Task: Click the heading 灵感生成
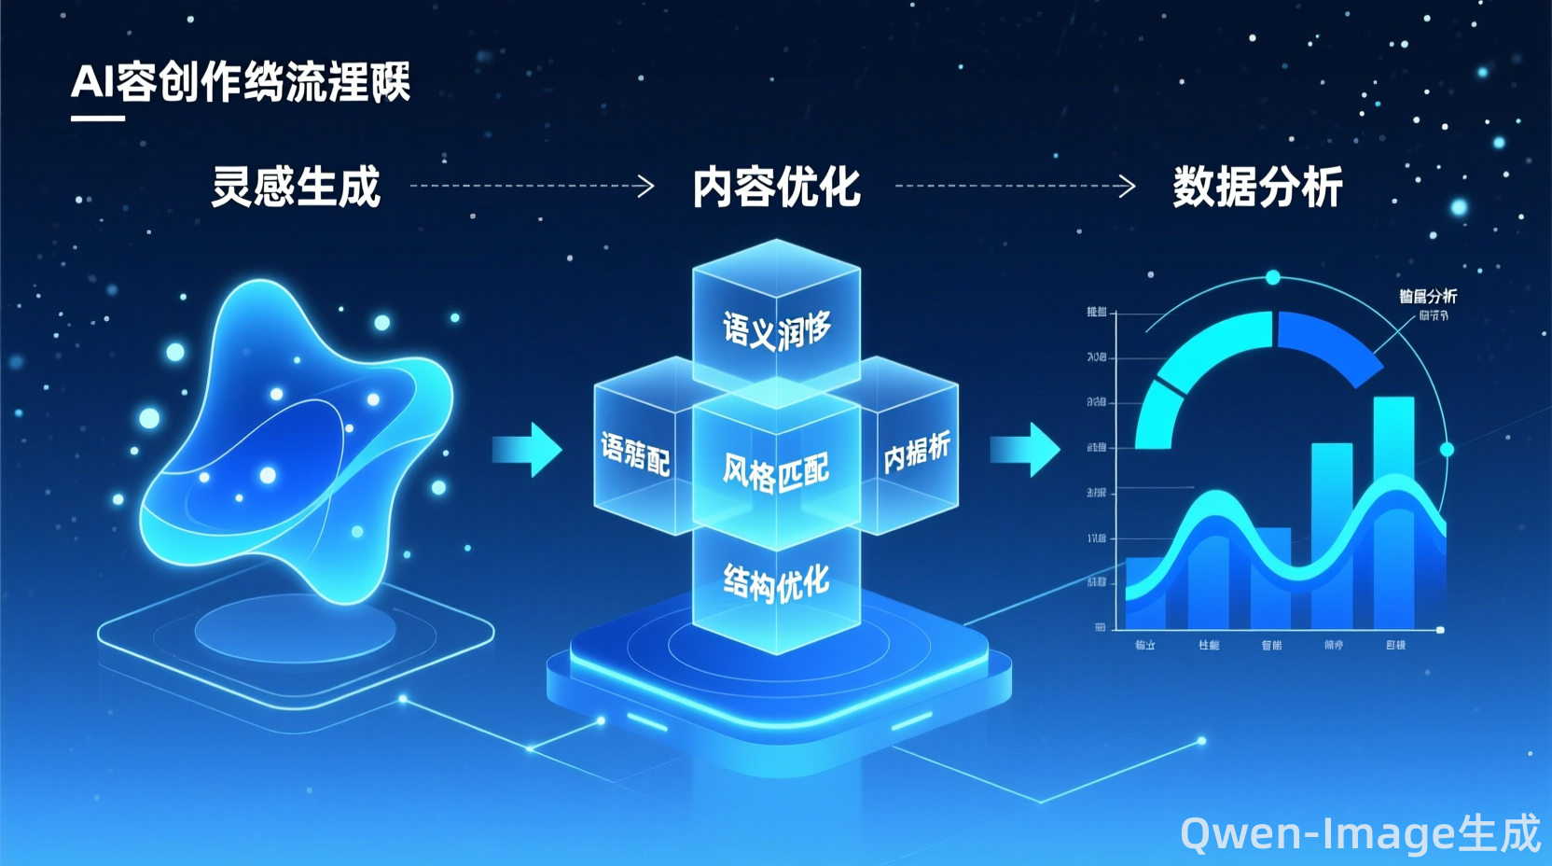pos(296,187)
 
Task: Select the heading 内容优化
pos(776,187)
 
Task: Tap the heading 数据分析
pos(1257,187)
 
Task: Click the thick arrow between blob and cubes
pos(528,449)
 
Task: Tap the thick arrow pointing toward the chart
pos(1025,449)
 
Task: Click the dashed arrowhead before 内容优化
pos(644,186)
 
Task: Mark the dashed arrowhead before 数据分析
pos(1127,186)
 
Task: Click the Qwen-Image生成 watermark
pos(1360,832)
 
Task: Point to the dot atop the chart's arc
pos(1273,277)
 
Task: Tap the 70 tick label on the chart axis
pos(1096,357)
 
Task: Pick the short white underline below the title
pos(98,119)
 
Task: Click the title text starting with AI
pos(241,82)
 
